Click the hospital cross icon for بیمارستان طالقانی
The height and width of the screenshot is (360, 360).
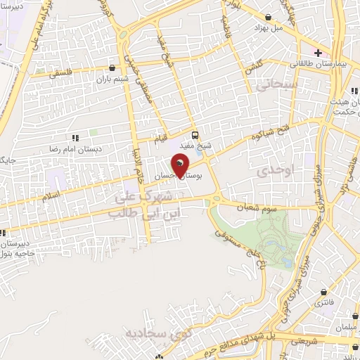tap(318, 52)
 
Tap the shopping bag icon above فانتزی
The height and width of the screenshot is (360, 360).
tap(323, 292)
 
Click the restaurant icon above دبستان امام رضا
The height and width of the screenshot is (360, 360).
tap(75, 138)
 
